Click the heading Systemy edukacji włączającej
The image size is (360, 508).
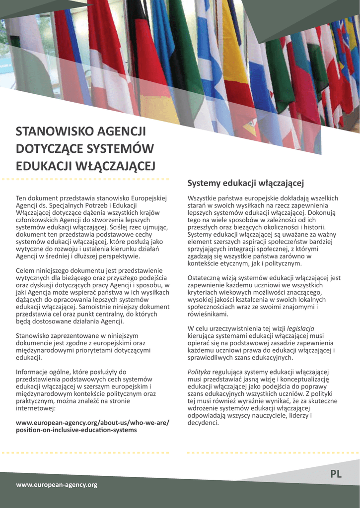coord(245,184)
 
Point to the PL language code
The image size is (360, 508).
coord(336,474)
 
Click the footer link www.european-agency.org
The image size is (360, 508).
coord(57,484)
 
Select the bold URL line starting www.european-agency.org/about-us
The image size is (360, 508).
coord(92,422)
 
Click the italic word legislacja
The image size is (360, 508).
coord(300,328)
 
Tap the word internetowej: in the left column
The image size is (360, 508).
coord(36,408)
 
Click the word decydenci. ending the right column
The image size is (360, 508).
coord(203,423)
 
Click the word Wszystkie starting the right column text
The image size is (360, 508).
coord(203,198)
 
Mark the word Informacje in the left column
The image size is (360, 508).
coord(33,372)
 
